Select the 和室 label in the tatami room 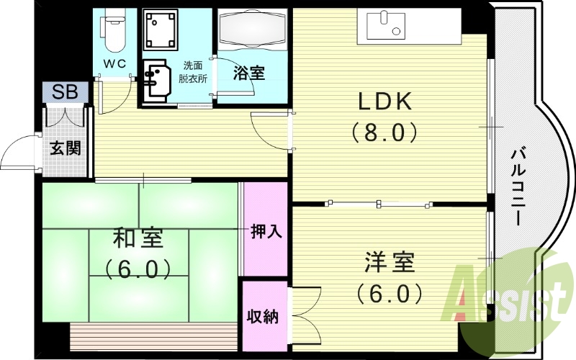click(x=138, y=238)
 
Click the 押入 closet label click(x=266, y=232)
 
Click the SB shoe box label click(x=64, y=92)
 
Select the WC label click(x=114, y=63)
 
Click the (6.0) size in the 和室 click(x=138, y=269)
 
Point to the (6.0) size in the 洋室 click(x=389, y=294)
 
